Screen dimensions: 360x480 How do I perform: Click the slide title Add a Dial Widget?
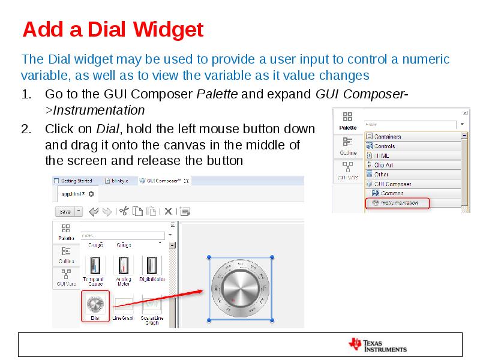click(x=113, y=29)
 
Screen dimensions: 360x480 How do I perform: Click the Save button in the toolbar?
click(x=65, y=211)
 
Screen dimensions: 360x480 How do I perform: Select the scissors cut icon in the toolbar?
click(x=124, y=211)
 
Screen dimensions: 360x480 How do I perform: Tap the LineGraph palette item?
click(x=124, y=307)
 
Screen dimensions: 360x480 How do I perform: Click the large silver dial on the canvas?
click(x=240, y=289)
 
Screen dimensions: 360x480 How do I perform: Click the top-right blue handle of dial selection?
click(x=272, y=257)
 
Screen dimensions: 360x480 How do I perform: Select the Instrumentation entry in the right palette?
click(x=400, y=203)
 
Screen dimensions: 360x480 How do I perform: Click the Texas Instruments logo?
click(x=377, y=344)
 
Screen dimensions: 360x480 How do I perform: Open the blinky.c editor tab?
click(x=118, y=180)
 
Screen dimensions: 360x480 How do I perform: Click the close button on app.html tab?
click(x=91, y=194)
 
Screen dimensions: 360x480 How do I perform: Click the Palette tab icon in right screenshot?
click(x=347, y=119)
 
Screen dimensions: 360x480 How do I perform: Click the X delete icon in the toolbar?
click(x=169, y=211)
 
